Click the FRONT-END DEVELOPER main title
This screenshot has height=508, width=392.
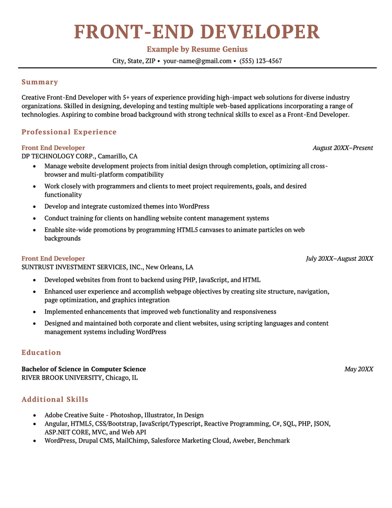click(197, 32)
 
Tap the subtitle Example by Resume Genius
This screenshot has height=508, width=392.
click(197, 49)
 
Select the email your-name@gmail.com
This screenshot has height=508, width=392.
click(197, 61)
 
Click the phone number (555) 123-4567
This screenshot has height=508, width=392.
click(260, 61)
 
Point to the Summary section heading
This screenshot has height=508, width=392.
click(40, 82)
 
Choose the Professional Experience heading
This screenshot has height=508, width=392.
click(69, 132)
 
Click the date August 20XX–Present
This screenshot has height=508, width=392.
click(343, 148)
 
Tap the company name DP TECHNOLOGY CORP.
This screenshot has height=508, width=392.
click(58, 156)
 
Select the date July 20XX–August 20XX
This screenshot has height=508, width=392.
click(340, 259)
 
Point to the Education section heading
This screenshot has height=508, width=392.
click(41, 352)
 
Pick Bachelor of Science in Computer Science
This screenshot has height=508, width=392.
click(84, 369)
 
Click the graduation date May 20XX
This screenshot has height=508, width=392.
click(358, 369)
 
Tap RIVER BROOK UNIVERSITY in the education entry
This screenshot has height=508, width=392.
click(62, 377)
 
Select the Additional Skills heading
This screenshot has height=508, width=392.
click(55, 399)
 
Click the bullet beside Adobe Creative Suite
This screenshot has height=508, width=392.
click(34, 415)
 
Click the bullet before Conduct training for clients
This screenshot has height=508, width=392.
click(34, 218)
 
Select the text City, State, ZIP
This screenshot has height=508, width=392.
click(134, 61)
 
